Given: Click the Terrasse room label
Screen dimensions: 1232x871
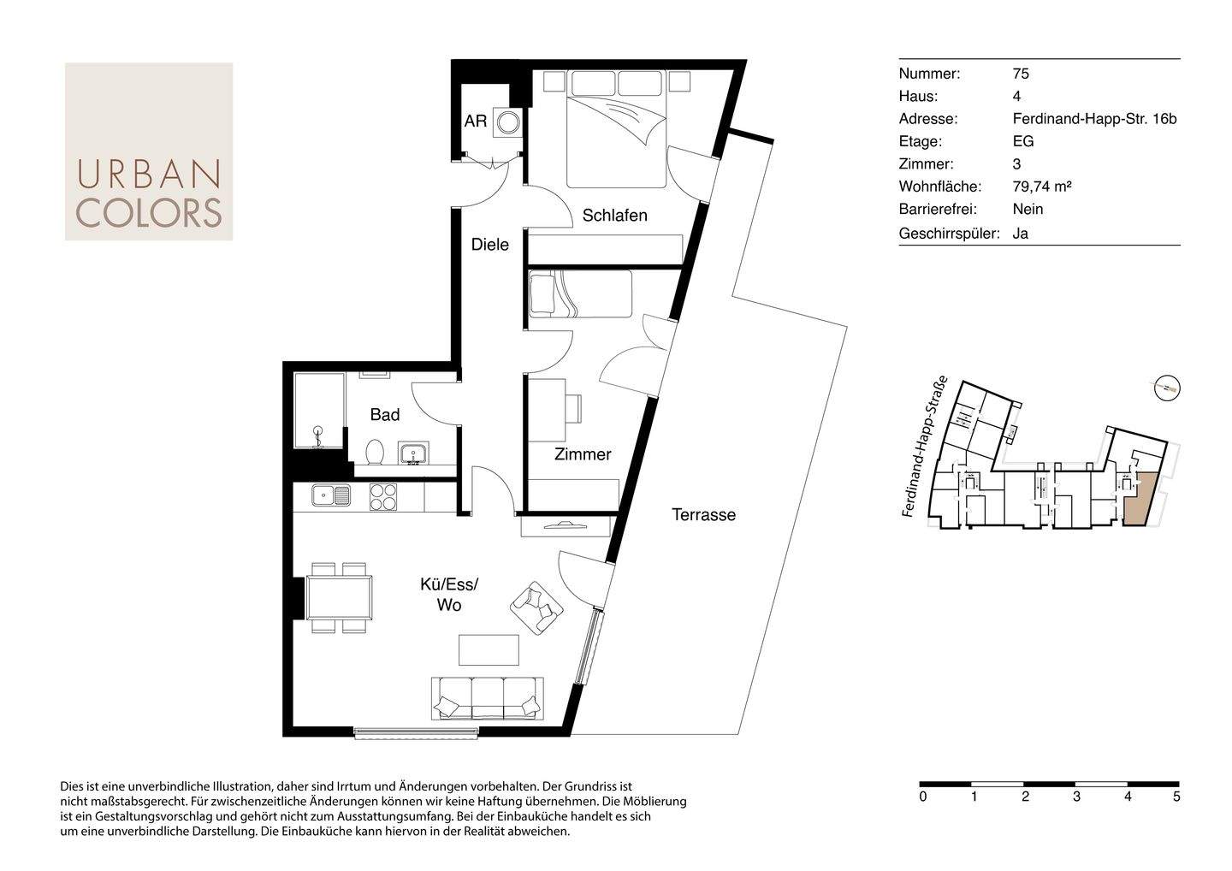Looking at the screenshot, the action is click(x=703, y=515).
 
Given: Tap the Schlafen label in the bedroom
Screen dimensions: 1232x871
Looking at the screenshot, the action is click(x=614, y=215).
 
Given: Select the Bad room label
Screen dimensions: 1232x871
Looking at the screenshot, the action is click(x=384, y=415).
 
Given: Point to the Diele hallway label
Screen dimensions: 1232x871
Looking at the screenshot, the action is click(x=489, y=245).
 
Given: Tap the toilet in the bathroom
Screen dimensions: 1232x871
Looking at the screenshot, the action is click(x=375, y=452).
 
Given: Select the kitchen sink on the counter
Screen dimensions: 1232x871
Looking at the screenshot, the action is click(x=331, y=495).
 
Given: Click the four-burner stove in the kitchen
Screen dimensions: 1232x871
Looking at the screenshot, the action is click(x=382, y=497).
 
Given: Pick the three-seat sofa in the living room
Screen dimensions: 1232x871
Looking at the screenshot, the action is click(x=488, y=698).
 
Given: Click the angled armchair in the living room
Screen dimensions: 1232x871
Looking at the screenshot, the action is click(x=536, y=608).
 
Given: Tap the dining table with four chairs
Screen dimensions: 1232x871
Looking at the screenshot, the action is click(x=339, y=598).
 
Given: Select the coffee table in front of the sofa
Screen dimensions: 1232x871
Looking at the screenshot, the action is click(x=489, y=650).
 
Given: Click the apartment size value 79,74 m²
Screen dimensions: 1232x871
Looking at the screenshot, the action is click(x=1042, y=187).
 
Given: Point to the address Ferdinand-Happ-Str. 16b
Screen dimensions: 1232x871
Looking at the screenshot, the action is click(x=1094, y=119).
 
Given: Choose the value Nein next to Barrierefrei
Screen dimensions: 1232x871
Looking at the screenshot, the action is click(x=1028, y=209).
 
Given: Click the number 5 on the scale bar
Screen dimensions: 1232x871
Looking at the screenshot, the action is click(x=1176, y=797).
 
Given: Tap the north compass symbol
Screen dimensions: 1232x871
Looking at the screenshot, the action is click(x=1167, y=388).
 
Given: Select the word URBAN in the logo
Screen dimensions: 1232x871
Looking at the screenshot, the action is click(x=149, y=174).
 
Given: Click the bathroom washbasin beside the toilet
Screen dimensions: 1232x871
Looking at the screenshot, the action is click(x=414, y=453).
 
